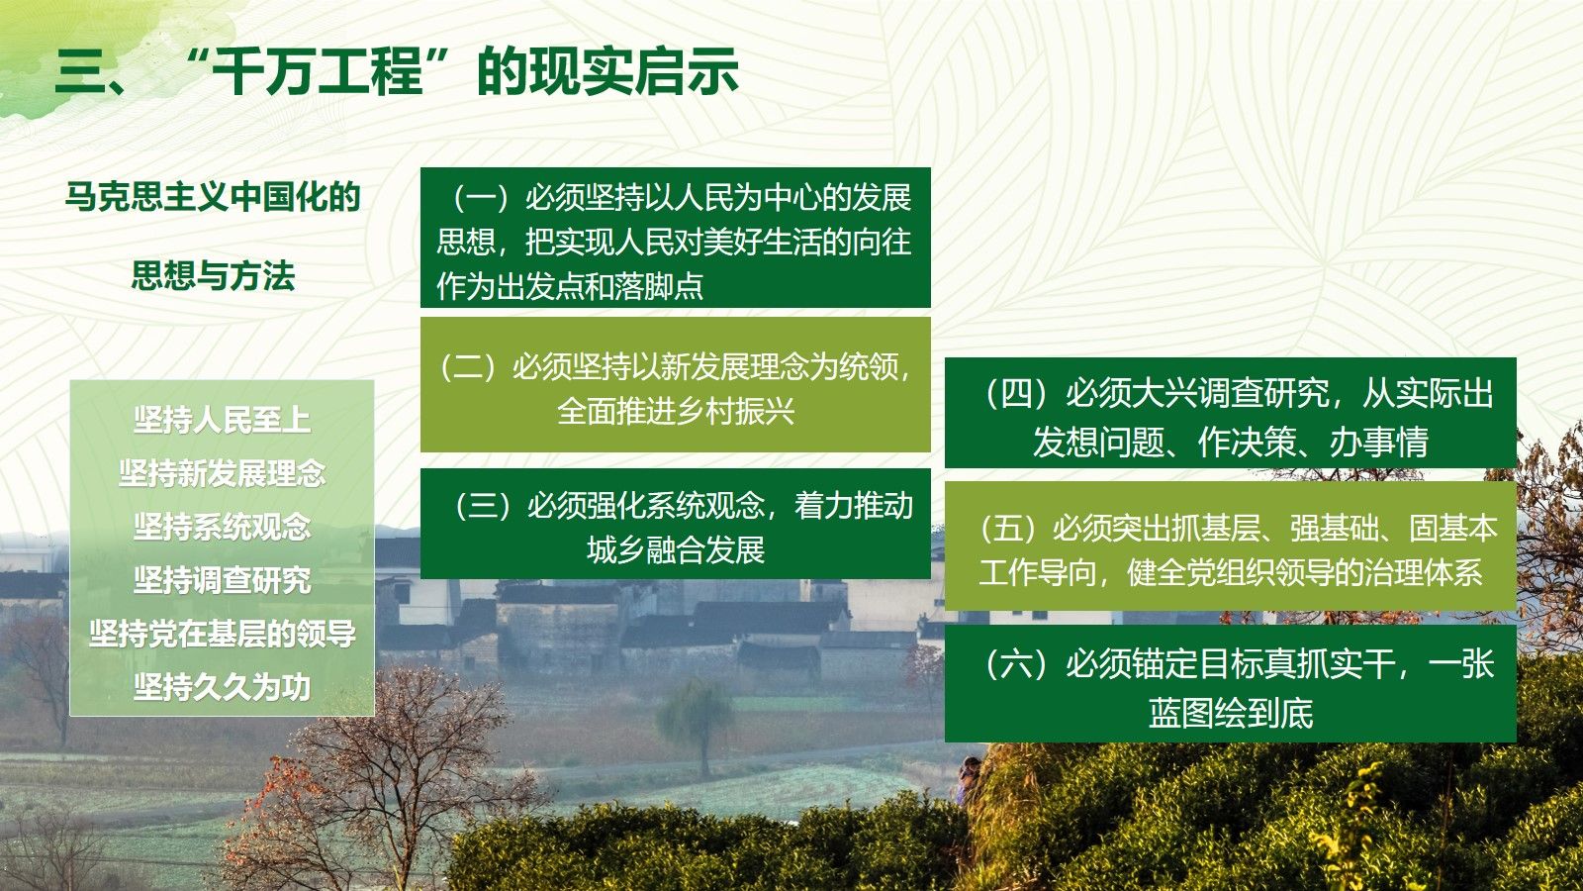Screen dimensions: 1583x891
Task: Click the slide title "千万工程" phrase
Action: click(318, 70)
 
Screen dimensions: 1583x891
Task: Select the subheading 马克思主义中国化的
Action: click(213, 197)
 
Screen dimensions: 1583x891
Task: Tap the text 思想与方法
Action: click(213, 276)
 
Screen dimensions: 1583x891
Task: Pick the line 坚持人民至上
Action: click(222, 420)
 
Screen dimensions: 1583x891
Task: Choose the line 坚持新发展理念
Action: click(222, 473)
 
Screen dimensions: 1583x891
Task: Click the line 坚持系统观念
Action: click(222, 527)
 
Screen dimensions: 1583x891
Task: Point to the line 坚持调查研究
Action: click(222, 580)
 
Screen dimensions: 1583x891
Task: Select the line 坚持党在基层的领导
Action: click(222, 634)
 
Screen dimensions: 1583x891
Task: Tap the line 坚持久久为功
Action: click(222, 687)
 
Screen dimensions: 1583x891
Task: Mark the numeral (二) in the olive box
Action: click(468, 366)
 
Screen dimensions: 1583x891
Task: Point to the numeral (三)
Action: click(483, 506)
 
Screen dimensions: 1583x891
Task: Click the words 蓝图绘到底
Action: click(1231, 713)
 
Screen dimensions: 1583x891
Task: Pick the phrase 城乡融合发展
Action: click(676, 550)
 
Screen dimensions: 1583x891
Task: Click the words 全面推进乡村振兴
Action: click(676, 411)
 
